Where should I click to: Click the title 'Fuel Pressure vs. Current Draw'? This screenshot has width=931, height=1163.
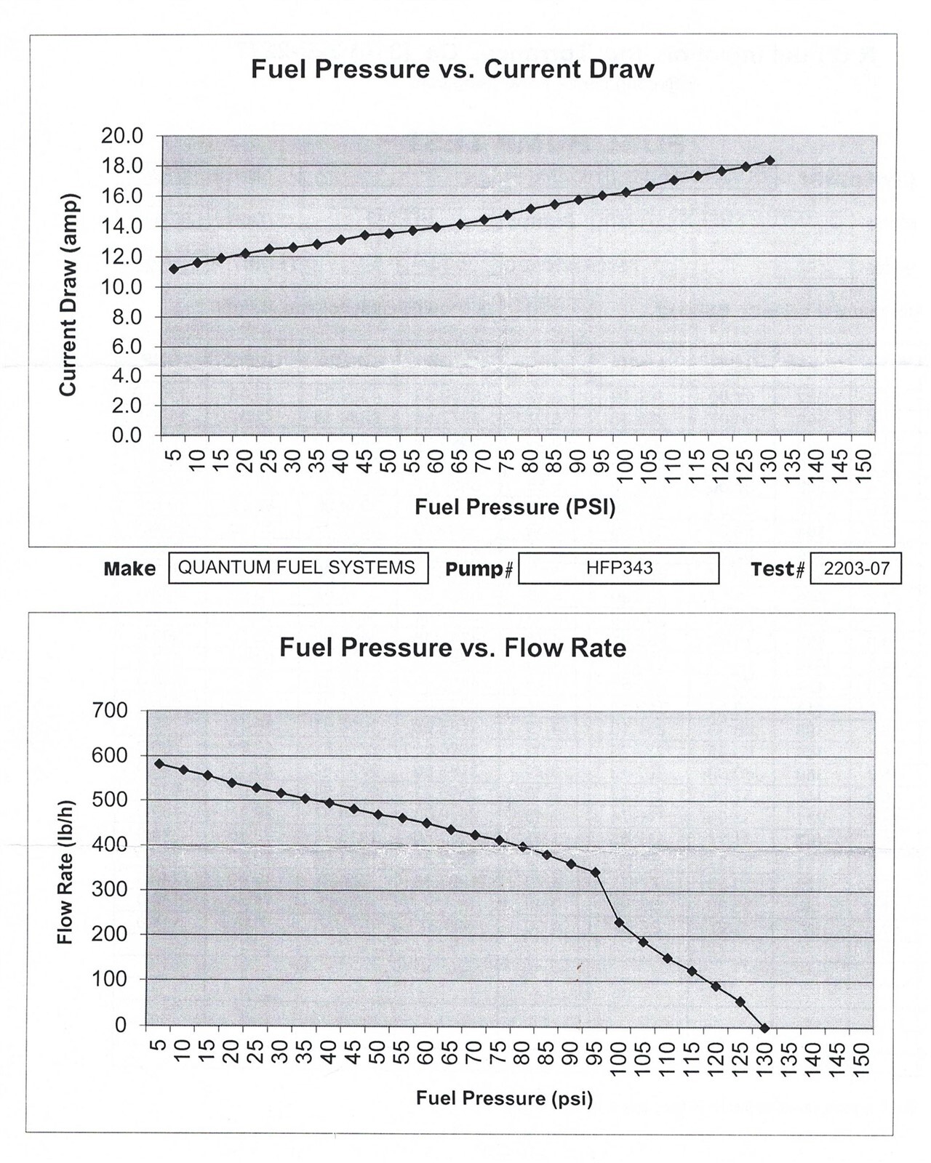click(x=452, y=70)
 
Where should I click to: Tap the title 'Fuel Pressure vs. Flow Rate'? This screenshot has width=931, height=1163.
click(x=452, y=648)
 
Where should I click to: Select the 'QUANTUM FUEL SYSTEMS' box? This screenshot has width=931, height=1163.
click(x=297, y=568)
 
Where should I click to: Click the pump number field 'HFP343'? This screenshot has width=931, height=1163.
click(x=619, y=568)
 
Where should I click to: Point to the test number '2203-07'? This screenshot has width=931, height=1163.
click(x=856, y=568)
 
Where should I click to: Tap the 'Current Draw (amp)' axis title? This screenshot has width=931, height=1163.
click(x=68, y=294)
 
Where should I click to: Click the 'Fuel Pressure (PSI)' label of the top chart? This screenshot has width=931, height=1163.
click(x=515, y=507)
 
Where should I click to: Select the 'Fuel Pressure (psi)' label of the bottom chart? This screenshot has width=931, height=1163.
click(x=504, y=1098)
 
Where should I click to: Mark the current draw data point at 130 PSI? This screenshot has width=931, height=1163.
click(x=770, y=161)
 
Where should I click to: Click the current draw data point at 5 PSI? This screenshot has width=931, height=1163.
click(x=174, y=269)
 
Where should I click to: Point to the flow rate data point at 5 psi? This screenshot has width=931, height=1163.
click(x=159, y=764)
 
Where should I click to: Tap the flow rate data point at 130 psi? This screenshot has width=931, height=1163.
click(x=764, y=1029)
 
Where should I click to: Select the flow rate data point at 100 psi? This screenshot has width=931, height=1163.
click(x=620, y=922)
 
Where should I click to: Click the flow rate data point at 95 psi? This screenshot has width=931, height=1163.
click(x=596, y=872)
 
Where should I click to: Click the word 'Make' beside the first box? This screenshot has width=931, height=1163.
click(x=129, y=568)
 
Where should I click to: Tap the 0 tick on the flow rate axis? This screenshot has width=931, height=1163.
click(x=121, y=1025)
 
